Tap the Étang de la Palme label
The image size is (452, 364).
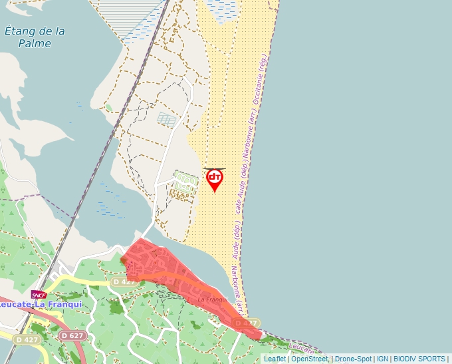coord(35,37)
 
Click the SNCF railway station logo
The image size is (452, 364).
coord(39,295)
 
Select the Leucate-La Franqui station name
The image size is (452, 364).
coord(41,304)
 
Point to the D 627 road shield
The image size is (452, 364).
coord(72,336)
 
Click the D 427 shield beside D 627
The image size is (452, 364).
coord(27,340)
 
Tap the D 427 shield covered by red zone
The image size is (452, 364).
coord(124,281)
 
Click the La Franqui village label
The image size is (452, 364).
coord(213,300)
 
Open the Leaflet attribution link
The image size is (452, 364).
coord(275,359)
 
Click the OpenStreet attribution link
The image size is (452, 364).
coord(310,359)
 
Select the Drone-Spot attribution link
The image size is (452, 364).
coord(353,359)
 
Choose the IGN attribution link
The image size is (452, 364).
coord(383,359)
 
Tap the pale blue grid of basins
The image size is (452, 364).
coord(167,120)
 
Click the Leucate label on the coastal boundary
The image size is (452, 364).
coord(303,347)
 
